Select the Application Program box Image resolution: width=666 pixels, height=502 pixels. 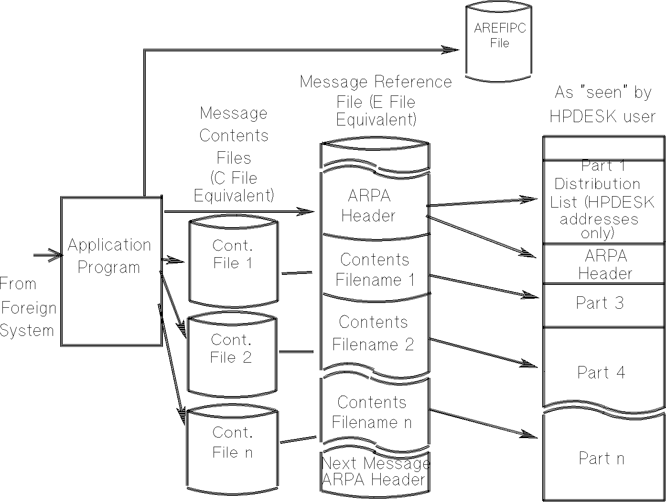[x=111, y=271]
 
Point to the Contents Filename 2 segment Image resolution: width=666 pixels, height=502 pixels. [x=374, y=333]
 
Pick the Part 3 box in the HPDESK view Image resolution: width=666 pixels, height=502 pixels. [x=603, y=304]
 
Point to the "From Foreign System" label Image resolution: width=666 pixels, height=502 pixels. [x=27, y=307]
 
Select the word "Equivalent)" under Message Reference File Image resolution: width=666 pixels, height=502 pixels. [x=376, y=120]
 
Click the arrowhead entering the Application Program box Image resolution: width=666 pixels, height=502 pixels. [x=56, y=255]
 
